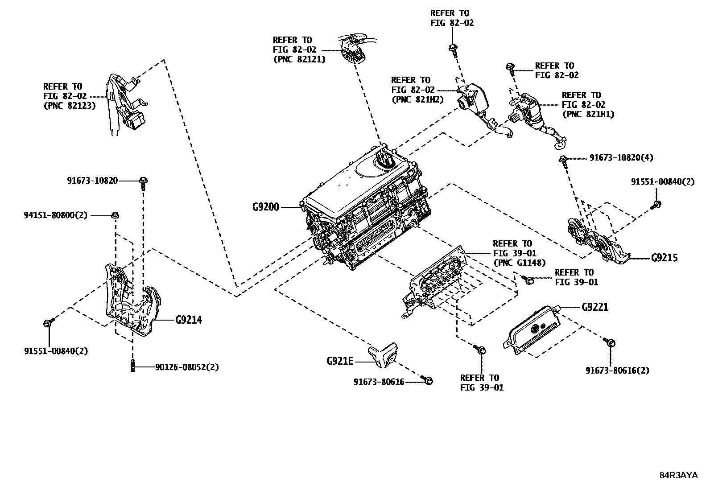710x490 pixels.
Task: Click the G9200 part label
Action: pyautogui.click(x=265, y=207)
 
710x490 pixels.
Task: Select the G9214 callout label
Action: pyautogui.click(x=189, y=320)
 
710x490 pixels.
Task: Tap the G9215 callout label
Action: pyautogui.click(x=664, y=258)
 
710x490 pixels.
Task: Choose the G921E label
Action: pyautogui.click(x=339, y=361)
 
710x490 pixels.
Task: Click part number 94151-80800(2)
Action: pyautogui.click(x=56, y=215)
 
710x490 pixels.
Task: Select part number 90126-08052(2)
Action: pyautogui.click(x=187, y=367)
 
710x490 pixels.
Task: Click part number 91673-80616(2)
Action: pyautogui.click(x=617, y=371)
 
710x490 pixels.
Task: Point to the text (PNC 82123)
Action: pyautogui.click(x=69, y=106)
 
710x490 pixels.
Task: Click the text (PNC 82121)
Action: pyautogui.click(x=299, y=59)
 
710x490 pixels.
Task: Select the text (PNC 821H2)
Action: pyautogui.click(x=417, y=99)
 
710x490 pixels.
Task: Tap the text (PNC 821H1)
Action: pyautogui.click(x=588, y=114)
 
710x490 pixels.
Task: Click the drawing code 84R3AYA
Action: pyautogui.click(x=678, y=475)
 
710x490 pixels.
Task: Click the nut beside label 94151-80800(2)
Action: pyautogui.click(x=115, y=215)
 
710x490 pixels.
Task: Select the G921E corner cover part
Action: pyautogui.click(x=383, y=355)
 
